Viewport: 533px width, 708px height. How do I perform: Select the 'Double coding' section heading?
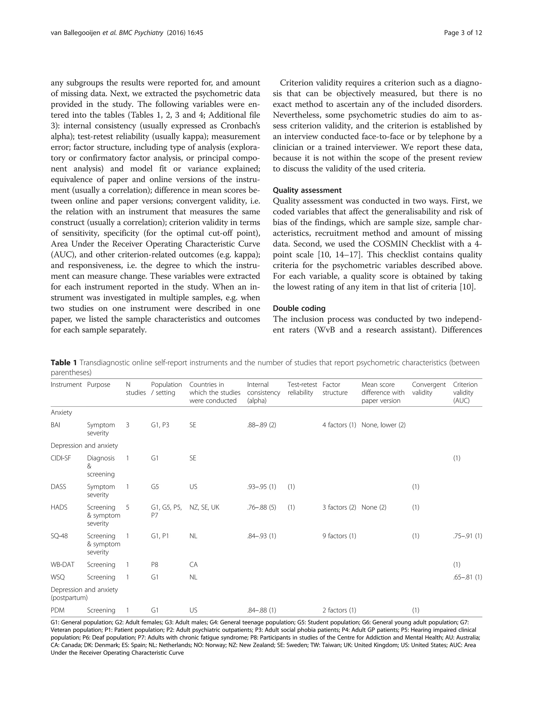299,308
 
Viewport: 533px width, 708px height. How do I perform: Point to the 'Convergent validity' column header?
428,388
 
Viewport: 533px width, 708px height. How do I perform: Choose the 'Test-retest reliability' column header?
302,388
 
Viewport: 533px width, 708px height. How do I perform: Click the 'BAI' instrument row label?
55,425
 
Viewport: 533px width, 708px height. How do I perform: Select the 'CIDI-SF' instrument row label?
60,458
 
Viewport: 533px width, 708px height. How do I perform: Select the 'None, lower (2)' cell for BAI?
383,425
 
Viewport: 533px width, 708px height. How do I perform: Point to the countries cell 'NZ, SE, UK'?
204,507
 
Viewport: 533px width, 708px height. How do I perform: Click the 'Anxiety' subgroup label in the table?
61,413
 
